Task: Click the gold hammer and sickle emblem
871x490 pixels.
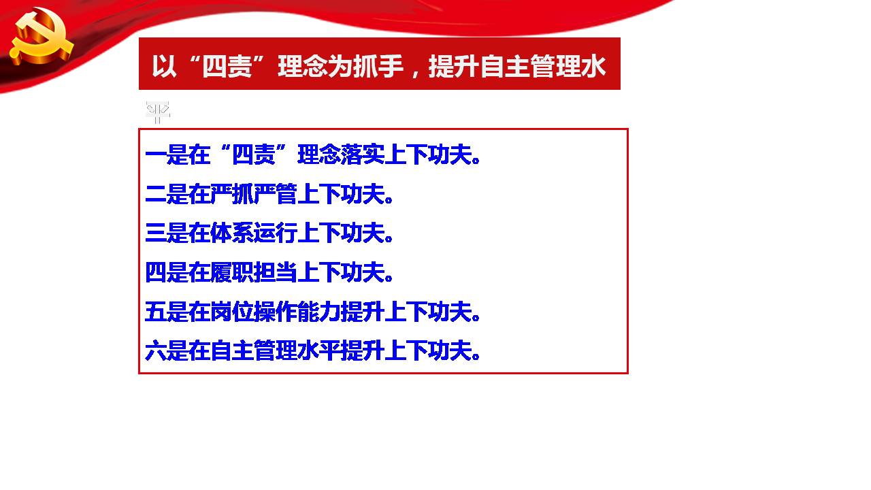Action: click(x=41, y=37)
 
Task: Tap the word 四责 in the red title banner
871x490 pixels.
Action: click(x=227, y=66)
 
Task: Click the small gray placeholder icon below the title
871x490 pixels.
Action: click(x=158, y=112)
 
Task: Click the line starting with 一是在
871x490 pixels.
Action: click(x=312, y=154)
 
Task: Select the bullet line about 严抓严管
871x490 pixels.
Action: click(x=269, y=194)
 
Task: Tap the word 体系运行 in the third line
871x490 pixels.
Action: click(x=254, y=233)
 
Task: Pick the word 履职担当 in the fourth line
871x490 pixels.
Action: click(x=254, y=272)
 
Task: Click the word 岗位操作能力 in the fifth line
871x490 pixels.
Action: click(x=276, y=311)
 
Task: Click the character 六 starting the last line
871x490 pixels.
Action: click(x=156, y=350)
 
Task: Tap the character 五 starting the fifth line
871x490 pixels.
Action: click(x=156, y=311)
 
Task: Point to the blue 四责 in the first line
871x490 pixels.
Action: click(x=254, y=154)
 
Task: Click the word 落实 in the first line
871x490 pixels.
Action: click(x=363, y=154)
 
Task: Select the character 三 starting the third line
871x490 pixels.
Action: click(x=156, y=233)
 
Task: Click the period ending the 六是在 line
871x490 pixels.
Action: click(x=476, y=357)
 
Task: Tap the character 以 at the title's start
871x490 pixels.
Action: click(x=164, y=66)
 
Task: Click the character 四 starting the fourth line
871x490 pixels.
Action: click(x=156, y=272)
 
